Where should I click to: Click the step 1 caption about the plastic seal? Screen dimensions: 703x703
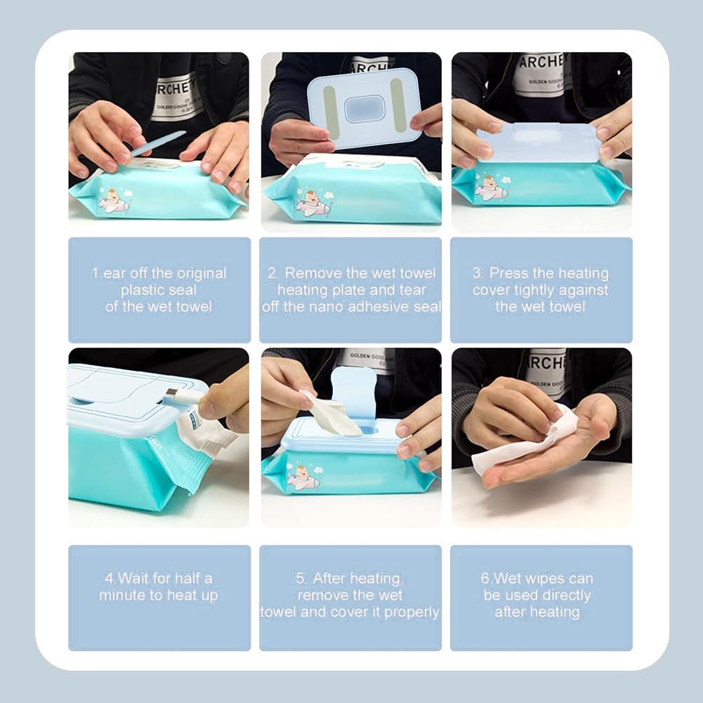click(x=159, y=289)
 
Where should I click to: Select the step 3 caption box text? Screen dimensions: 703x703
click(x=540, y=289)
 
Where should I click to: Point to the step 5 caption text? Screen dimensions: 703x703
click(x=350, y=596)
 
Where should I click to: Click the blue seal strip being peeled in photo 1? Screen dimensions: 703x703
click(x=157, y=143)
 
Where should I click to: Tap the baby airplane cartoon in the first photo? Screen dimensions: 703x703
click(x=112, y=200)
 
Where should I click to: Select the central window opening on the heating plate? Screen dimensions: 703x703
click(x=364, y=109)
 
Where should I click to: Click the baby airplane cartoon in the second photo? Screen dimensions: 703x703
click(x=311, y=203)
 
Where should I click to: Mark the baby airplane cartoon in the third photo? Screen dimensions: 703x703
click(x=491, y=188)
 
